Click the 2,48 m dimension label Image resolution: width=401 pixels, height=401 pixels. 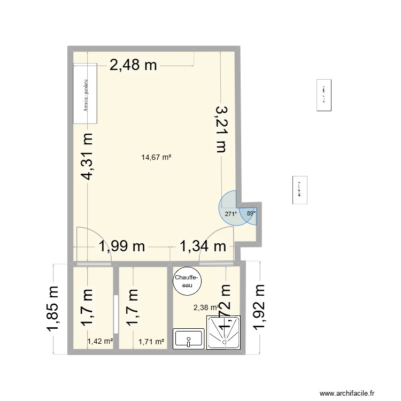(x=133, y=65)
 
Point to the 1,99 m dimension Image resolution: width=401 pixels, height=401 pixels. (x=121, y=246)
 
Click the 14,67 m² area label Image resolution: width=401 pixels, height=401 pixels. (x=156, y=157)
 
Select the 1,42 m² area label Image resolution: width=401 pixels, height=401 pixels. (x=100, y=341)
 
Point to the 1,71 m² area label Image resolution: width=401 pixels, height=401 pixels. (x=151, y=341)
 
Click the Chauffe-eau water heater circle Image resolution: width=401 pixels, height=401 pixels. (x=187, y=281)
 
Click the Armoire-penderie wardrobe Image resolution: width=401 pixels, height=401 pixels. (x=86, y=92)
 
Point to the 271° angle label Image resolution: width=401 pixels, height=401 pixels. (x=230, y=214)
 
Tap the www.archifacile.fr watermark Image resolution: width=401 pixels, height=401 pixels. (x=350, y=394)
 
